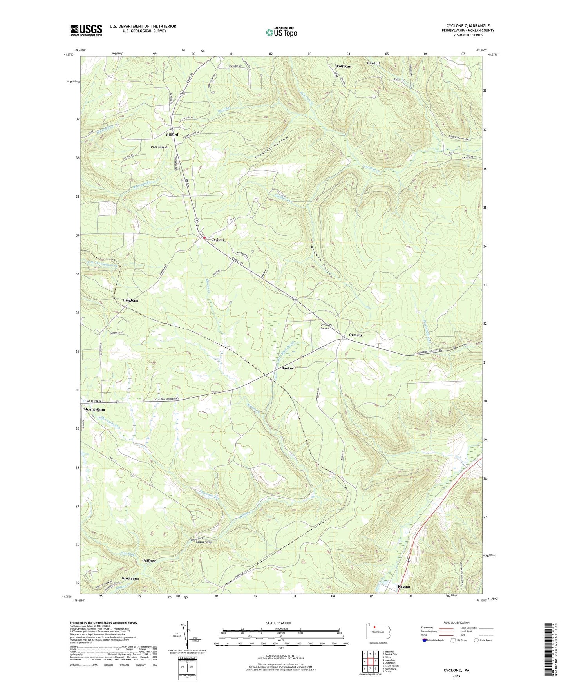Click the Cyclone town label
click(218, 239)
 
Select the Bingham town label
click(131, 300)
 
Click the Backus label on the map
click(288, 368)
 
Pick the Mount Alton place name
click(94, 409)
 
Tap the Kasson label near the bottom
click(404, 586)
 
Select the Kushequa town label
click(130, 578)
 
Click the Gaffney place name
click(149, 560)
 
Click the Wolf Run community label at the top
click(343, 66)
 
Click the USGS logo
click(86, 30)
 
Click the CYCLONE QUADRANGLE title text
click(467, 26)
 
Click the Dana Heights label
click(159, 147)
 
